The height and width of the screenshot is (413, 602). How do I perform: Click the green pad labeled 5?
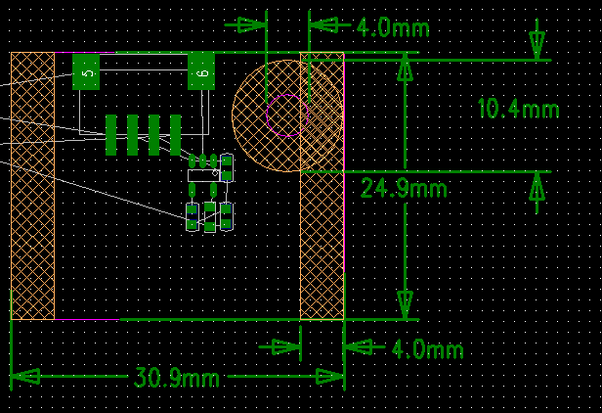(x=86, y=72)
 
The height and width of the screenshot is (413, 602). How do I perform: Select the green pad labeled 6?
(x=201, y=72)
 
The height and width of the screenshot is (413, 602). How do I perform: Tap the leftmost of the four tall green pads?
(x=111, y=135)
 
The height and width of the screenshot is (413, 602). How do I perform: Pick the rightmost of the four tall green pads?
(x=176, y=135)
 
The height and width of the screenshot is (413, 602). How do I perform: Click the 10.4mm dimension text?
(x=518, y=109)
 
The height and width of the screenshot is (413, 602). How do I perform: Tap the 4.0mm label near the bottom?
(x=426, y=349)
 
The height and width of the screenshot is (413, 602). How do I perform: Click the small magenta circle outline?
(x=286, y=115)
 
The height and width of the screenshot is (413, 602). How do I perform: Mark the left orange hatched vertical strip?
(x=32, y=186)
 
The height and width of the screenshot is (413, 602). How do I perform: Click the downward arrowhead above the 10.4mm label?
(x=537, y=45)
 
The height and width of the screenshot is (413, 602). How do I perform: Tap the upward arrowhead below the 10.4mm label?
(x=537, y=187)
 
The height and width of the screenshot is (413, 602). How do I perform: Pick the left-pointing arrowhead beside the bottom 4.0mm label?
(x=358, y=347)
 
